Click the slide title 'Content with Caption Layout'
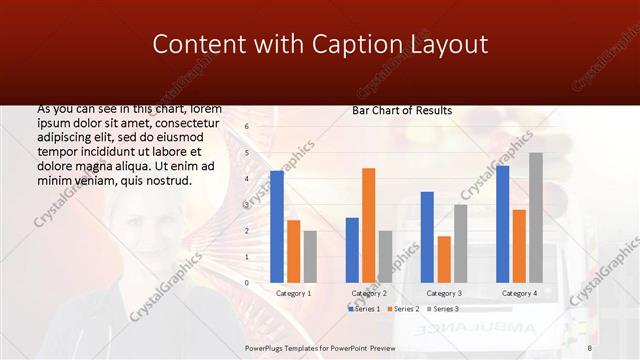[x=320, y=45]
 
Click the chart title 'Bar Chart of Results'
[x=402, y=110]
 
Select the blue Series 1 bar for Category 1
[x=277, y=227]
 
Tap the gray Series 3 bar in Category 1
[x=310, y=257]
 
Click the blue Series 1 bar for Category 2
[x=352, y=250]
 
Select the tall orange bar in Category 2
[x=368, y=225]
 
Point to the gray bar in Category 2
[x=385, y=257]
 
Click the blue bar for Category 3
[x=427, y=237]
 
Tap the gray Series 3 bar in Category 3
[x=460, y=244]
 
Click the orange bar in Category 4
[x=518, y=246]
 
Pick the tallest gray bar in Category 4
[x=535, y=218]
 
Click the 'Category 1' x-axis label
[x=293, y=293]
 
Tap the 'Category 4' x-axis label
[x=518, y=293]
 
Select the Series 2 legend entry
[x=402, y=309]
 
